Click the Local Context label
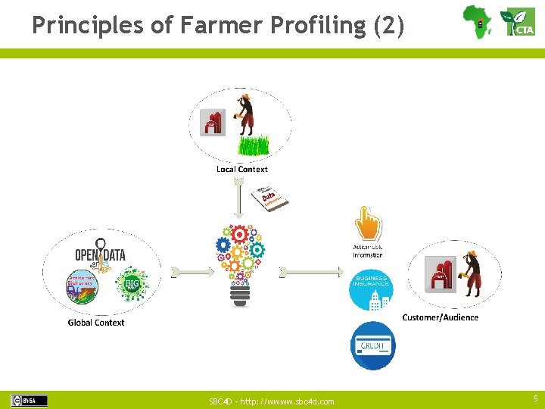[241, 169]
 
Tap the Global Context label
[96, 323]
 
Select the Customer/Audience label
[440, 317]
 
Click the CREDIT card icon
[372, 345]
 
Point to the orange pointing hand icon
[369, 223]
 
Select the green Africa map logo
[477, 20]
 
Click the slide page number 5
[534, 398]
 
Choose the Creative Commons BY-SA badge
[29, 401]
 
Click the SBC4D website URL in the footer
[271, 401]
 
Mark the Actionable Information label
[368, 251]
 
